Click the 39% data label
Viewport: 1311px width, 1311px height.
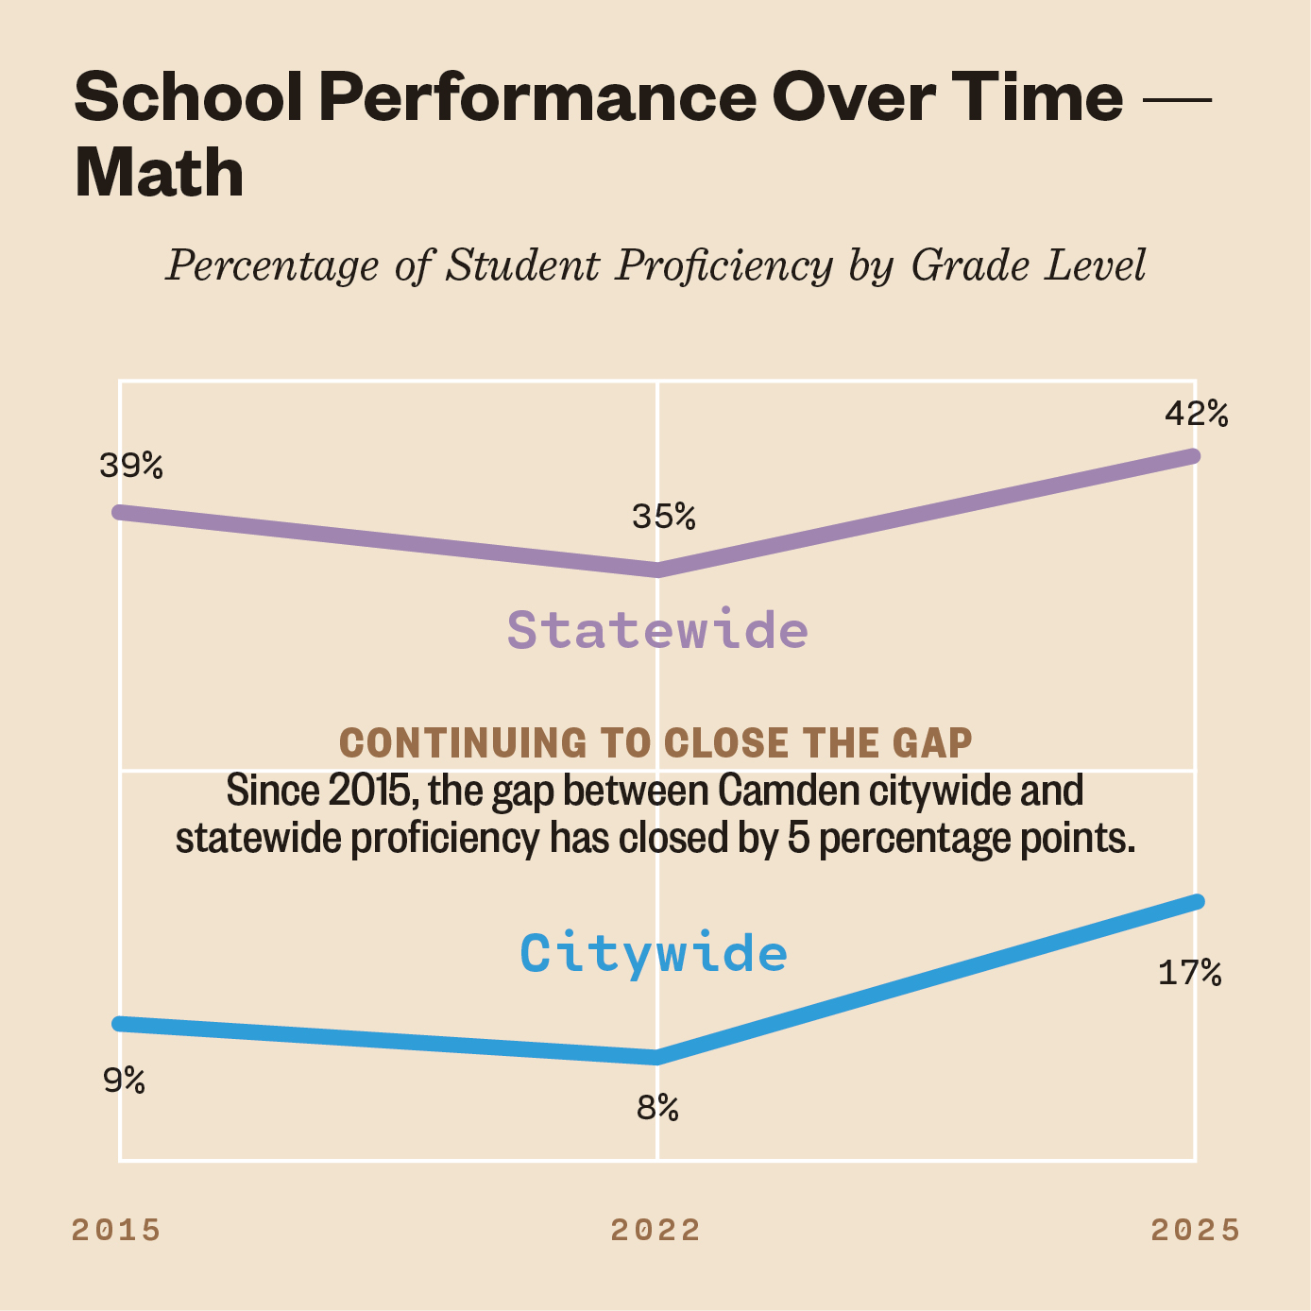131,466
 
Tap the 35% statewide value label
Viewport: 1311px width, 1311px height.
663,517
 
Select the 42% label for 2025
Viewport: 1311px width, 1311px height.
1196,414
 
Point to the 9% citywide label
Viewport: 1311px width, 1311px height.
124,1080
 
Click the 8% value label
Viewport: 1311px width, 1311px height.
657,1108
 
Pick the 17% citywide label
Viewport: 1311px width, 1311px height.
1189,973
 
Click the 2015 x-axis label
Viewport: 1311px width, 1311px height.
116,1230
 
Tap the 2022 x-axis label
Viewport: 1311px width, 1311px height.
655,1230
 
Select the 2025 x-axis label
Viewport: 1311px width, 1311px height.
1195,1230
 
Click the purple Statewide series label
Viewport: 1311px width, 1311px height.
657,630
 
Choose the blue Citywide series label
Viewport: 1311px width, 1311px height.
654,953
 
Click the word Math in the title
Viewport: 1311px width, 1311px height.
159,173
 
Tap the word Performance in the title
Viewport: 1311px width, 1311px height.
537,96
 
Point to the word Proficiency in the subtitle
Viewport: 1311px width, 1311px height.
724,265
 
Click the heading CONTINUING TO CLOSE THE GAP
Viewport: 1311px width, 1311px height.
655,743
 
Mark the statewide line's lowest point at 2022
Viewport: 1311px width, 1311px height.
657,570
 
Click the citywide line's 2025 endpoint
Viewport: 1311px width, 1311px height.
1196,901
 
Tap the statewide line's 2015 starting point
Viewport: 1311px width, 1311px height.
120,512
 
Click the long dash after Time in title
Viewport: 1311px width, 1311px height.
1176,98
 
